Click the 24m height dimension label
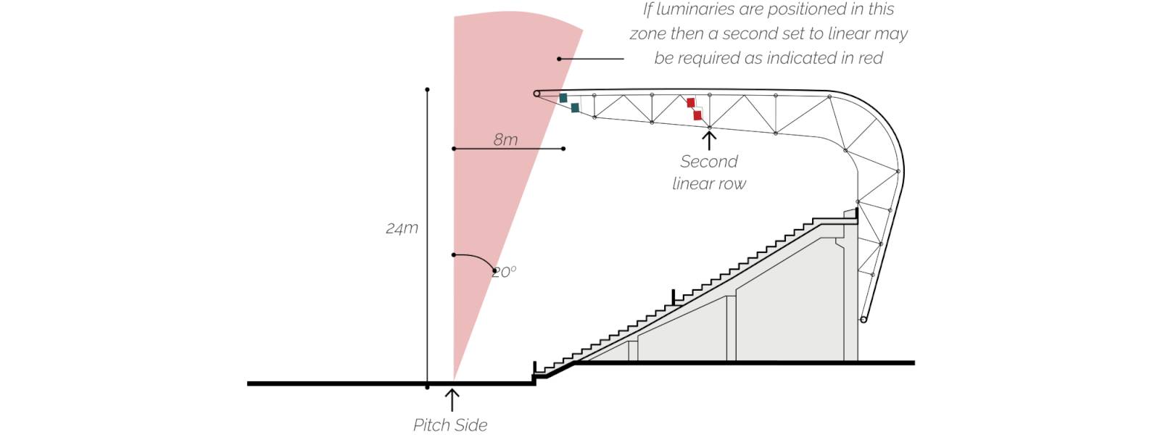point(402,228)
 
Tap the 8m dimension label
point(505,140)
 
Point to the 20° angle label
point(505,272)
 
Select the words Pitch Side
point(450,425)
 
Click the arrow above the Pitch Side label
point(452,400)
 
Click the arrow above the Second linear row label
point(709,141)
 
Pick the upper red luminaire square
point(691,102)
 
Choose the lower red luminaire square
point(697,115)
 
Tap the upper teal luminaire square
point(563,98)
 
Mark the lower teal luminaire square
point(575,108)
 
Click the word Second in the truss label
point(709,162)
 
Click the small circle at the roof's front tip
point(537,94)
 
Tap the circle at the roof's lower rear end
point(863,320)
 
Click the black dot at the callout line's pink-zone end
point(559,59)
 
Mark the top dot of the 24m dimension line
point(427,90)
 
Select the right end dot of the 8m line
point(563,149)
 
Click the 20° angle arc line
point(479,258)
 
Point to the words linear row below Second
point(709,184)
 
